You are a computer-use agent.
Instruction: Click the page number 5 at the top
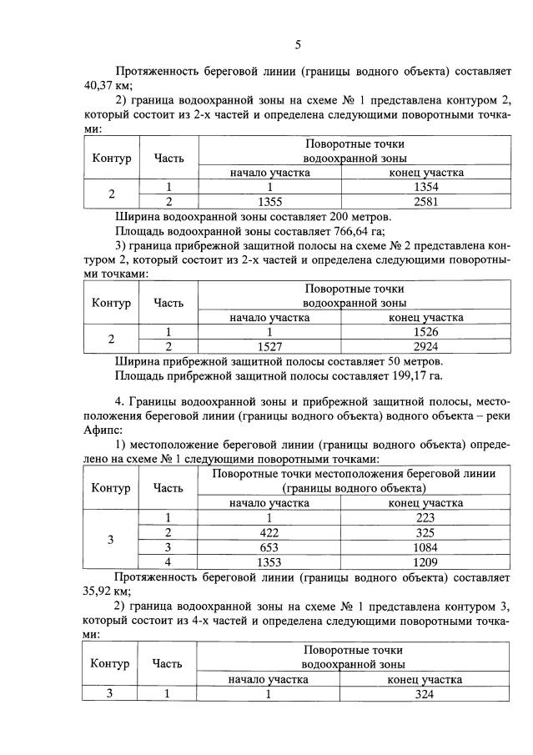pyautogui.click(x=297, y=45)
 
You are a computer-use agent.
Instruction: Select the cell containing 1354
pyautogui.click(x=426, y=188)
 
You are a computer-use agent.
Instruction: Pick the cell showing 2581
pyautogui.click(x=426, y=202)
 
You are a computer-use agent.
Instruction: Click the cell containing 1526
pyautogui.click(x=426, y=332)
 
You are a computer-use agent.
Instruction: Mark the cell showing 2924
pyautogui.click(x=426, y=346)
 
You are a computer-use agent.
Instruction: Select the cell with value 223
pyautogui.click(x=426, y=518)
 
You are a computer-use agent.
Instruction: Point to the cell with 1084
pyautogui.click(x=426, y=546)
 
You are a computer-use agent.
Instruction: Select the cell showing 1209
pyautogui.click(x=426, y=561)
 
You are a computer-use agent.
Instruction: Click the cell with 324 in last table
pyautogui.click(x=426, y=693)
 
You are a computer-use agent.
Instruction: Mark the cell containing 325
pyautogui.click(x=426, y=532)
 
